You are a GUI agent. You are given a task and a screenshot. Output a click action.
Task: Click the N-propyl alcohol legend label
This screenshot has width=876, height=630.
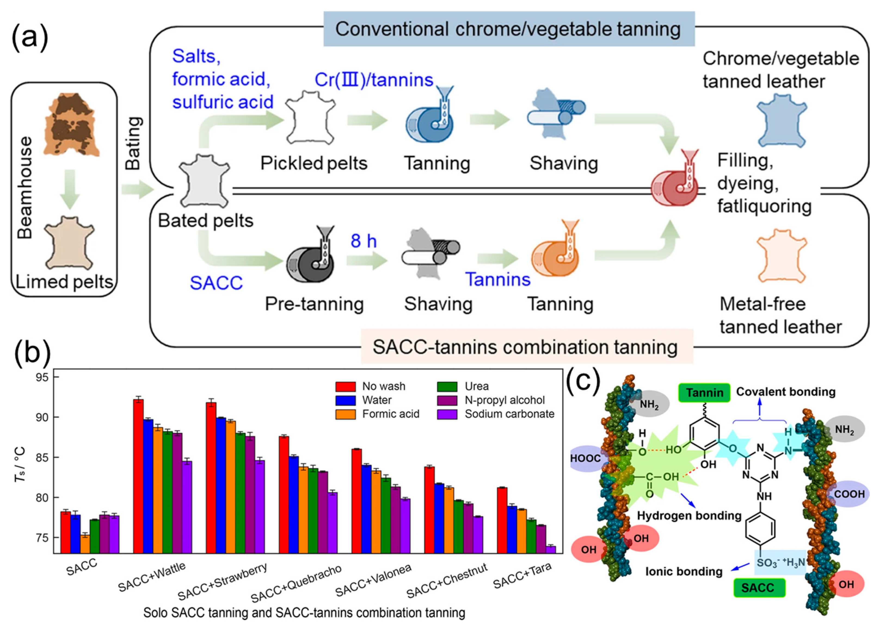[x=505, y=400]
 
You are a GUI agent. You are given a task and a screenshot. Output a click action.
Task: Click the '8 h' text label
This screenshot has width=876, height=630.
[x=363, y=241]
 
